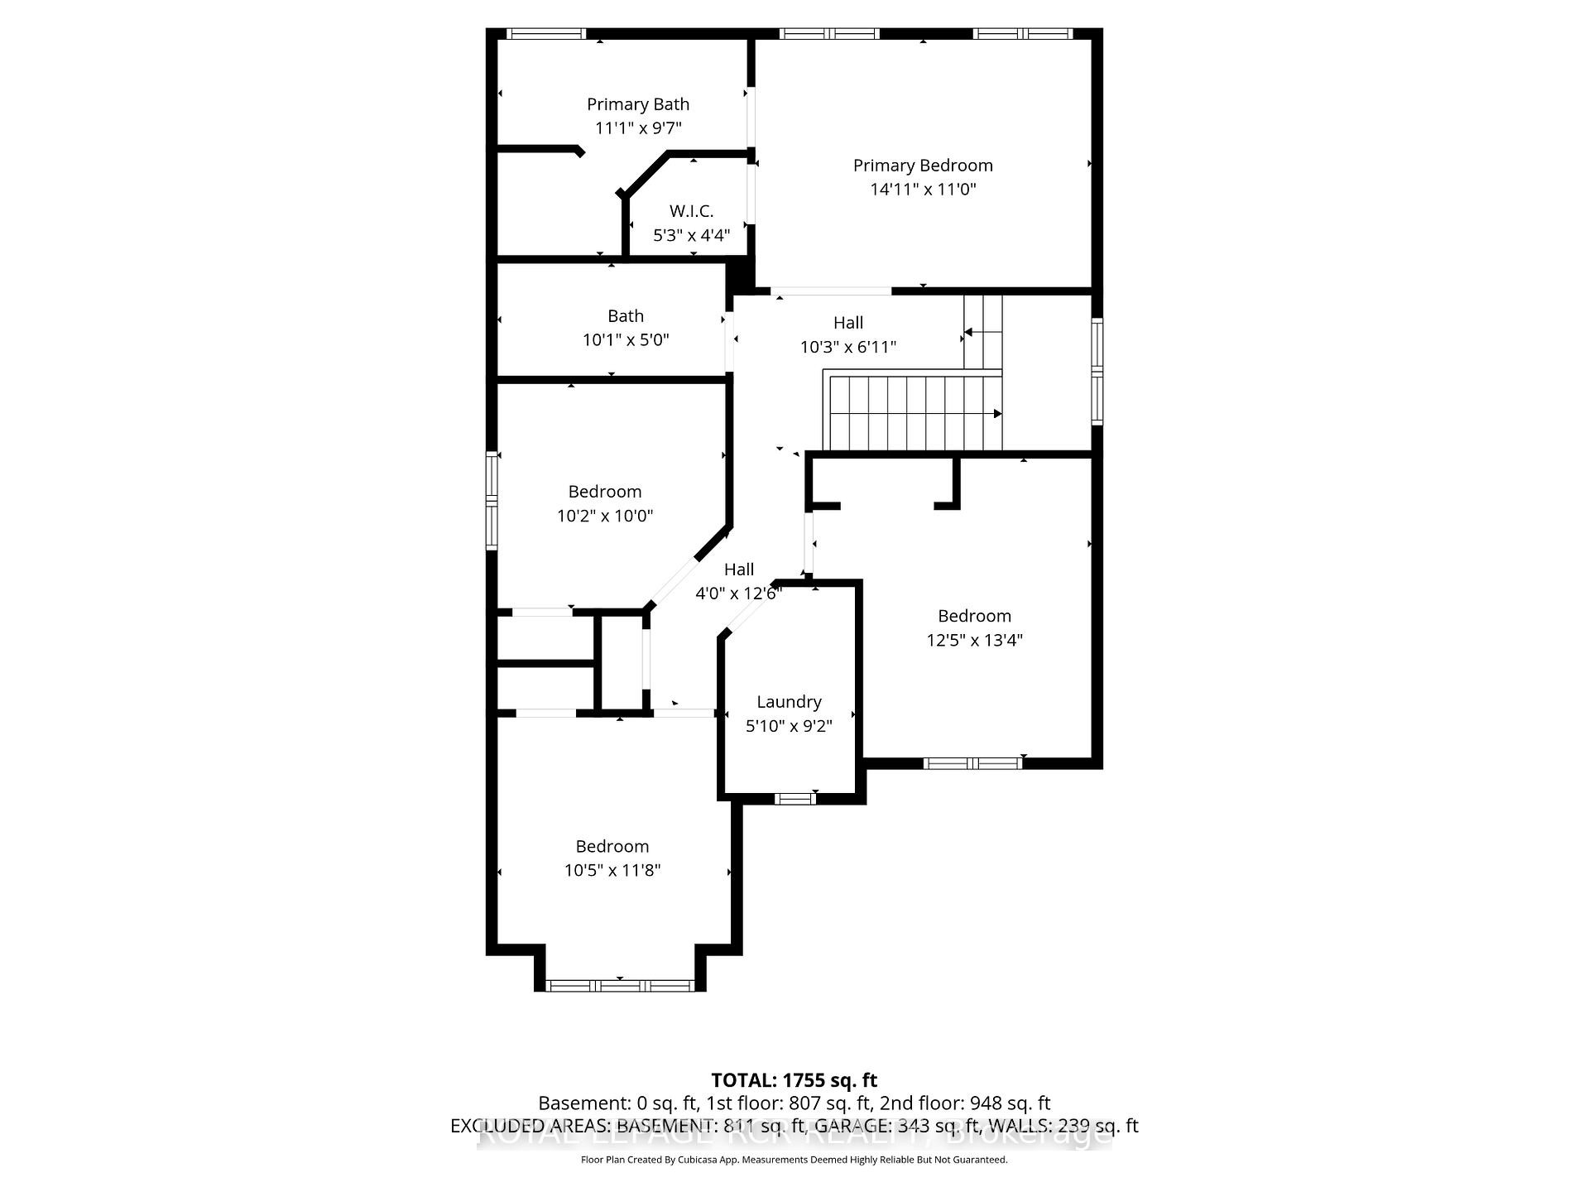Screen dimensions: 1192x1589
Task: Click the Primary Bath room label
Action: click(x=637, y=104)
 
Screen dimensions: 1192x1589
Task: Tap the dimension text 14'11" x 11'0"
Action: click(x=923, y=190)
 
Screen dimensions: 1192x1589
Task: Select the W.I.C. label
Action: click(x=691, y=211)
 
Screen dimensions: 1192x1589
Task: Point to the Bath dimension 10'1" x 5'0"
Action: click(x=626, y=340)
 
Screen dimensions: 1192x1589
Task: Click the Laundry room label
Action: click(x=789, y=702)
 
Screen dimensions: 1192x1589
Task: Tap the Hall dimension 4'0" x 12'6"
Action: click(x=738, y=594)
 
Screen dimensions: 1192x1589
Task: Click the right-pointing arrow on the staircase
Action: click(x=997, y=414)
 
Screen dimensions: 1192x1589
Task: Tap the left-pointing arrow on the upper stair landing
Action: click(x=968, y=332)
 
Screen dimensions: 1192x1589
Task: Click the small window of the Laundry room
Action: click(x=794, y=799)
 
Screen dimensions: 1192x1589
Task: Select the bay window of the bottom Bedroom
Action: click(x=620, y=985)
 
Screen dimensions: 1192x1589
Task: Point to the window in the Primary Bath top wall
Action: click(x=545, y=34)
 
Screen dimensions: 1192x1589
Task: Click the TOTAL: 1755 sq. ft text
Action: click(x=794, y=1080)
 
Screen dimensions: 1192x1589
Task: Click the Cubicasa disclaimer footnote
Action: click(x=794, y=1160)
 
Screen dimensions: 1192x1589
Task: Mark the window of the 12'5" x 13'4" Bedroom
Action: click(x=972, y=763)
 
